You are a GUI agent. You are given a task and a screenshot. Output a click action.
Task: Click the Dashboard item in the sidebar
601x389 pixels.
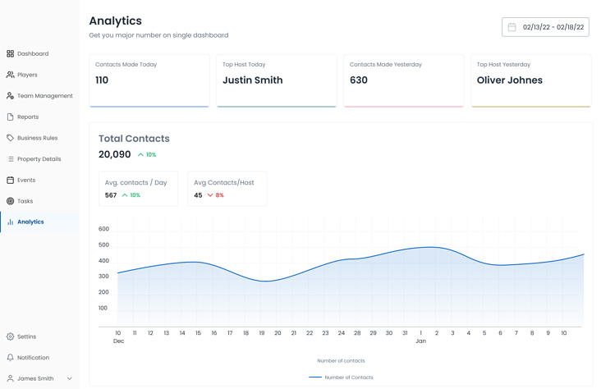[x=32, y=53]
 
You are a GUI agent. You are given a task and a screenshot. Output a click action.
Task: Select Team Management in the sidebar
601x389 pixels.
[x=44, y=96]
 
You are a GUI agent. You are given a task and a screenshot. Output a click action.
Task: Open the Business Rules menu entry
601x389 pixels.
[x=37, y=138]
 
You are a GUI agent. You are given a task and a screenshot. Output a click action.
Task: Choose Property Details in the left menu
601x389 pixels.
[x=39, y=159]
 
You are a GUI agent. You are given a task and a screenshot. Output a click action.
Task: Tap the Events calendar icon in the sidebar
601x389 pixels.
[x=11, y=180]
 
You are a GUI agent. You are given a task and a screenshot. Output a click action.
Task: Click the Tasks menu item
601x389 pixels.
[x=25, y=201]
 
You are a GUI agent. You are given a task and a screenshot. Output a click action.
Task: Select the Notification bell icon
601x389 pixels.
[x=11, y=358]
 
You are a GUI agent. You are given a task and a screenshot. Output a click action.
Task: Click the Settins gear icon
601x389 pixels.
[x=11, y=336]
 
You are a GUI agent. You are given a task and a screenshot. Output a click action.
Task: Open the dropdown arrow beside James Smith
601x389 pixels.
[x=70, y=378]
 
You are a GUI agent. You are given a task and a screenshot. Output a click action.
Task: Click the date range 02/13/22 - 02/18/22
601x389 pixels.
[x=553, y=27]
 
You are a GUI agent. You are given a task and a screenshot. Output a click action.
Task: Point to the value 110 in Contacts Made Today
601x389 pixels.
[x=102, y=80]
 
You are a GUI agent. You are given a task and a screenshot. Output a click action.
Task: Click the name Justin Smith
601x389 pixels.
[x=252, y=80]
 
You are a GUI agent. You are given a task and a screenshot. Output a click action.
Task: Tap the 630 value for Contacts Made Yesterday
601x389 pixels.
[x=359, y=80]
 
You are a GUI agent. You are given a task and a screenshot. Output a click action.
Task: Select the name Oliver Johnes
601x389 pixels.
[x=509, y=80]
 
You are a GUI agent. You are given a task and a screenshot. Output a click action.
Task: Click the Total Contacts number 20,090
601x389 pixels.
[x=115, y=154]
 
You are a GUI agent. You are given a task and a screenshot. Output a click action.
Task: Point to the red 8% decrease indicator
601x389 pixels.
[x=215, y=195]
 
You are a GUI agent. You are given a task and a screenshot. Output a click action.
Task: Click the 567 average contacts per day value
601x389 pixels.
[x=111, y=195]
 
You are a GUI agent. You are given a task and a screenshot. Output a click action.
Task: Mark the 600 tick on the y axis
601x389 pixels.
[x=103, y=229]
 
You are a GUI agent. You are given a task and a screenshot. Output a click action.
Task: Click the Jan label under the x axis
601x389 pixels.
[x=420, y=341]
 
